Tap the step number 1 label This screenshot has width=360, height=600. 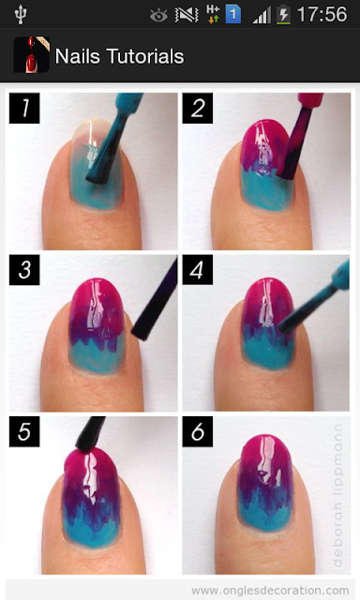click(24, 108)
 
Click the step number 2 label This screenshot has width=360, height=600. click(198, 108)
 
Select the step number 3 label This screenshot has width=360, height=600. click(24, 270)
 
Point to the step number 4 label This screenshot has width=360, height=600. click(198, 270)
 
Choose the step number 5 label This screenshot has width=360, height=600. click(24, 431)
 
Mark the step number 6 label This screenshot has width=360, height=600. click(198, 431)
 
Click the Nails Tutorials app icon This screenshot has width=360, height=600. click(31, 54)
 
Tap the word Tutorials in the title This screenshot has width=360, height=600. click(145, 56)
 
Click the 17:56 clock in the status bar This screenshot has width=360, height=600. click(322, 15)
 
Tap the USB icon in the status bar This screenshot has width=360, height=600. click(20, 15)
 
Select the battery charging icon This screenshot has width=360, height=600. click(283, 15)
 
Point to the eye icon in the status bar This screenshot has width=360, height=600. click(158, 16)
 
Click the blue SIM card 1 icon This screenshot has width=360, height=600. click(233, 15)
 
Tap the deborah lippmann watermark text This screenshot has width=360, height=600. click(337, 495)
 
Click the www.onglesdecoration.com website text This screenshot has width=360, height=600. click(270, 591)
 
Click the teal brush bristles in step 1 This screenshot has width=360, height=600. click(103, 155)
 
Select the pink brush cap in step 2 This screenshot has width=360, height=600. click(310, 100)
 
